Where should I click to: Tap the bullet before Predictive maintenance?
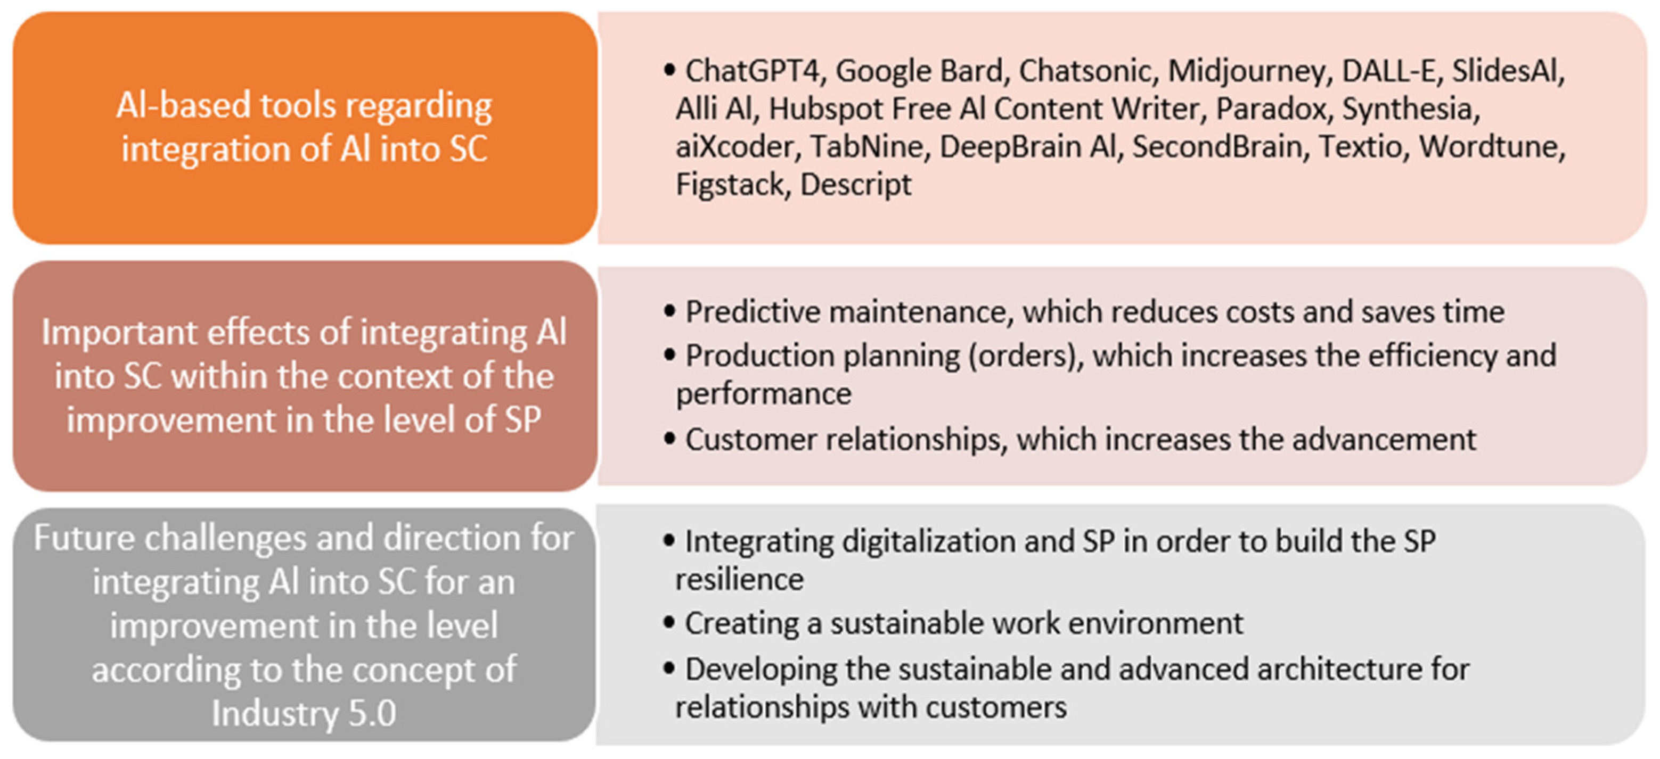tap(669, 311)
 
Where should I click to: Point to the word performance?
tap(763, 394)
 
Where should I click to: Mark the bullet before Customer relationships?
tap(669, 439)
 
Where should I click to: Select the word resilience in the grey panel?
tap(739, 579)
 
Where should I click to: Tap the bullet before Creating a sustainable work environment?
tap(669, 622)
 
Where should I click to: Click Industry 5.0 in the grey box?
tap(304, 713)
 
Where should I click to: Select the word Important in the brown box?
tap(119, 333)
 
